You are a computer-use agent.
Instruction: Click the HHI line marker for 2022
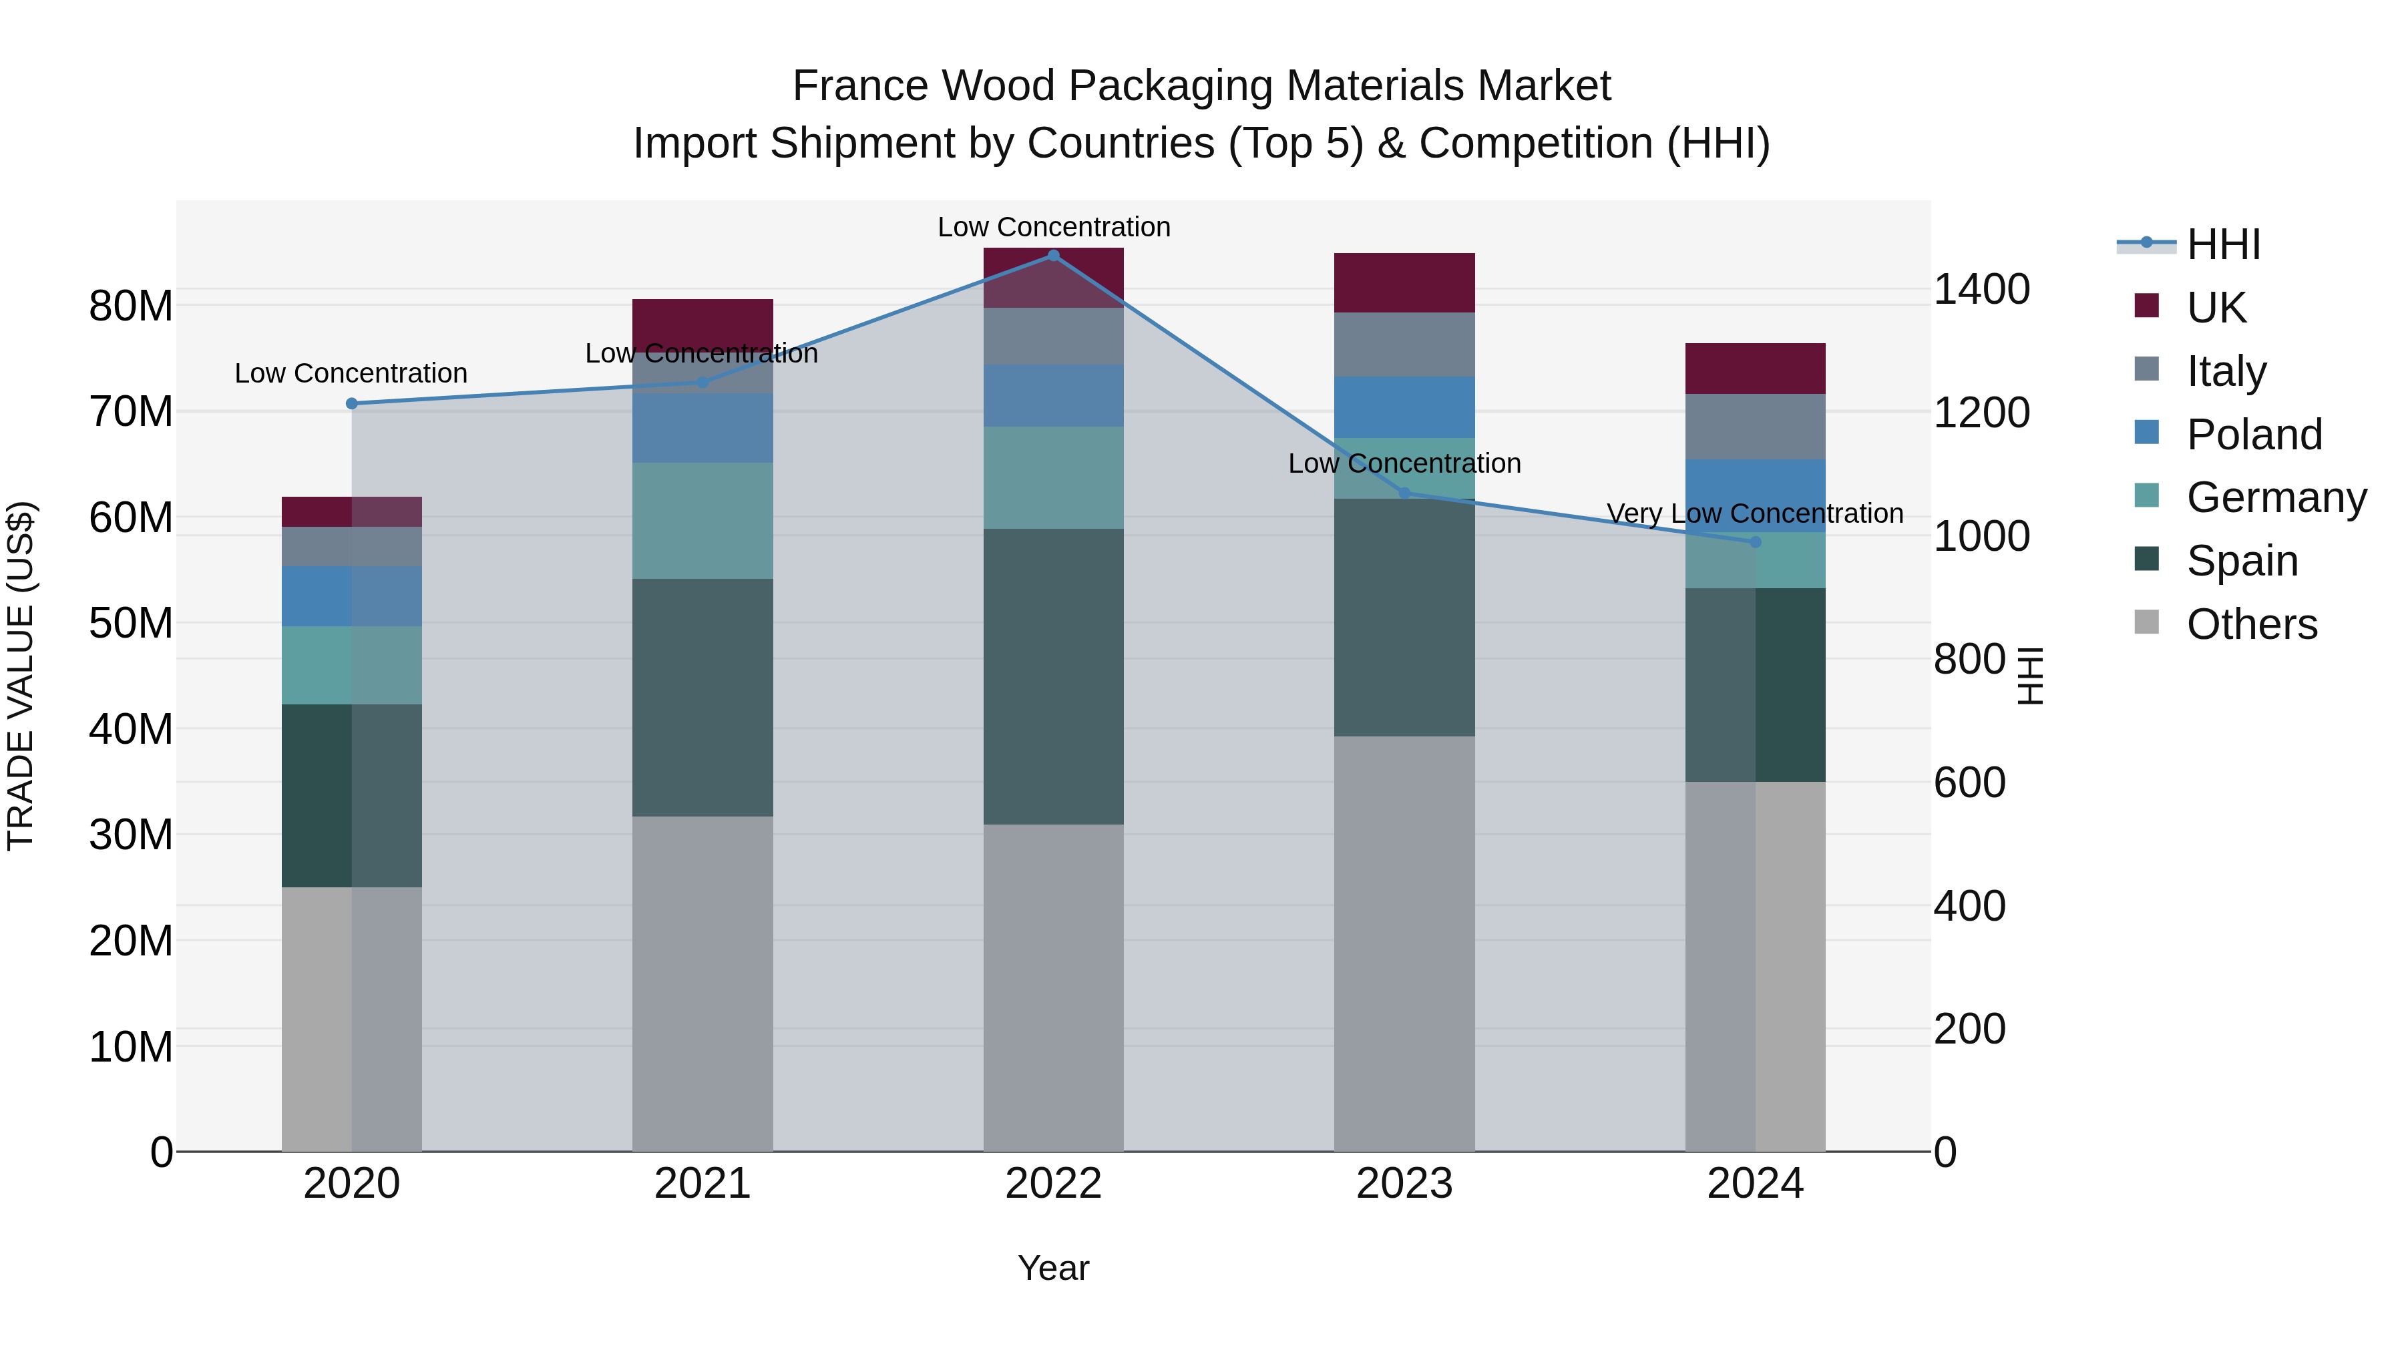click(x=1054, y=256)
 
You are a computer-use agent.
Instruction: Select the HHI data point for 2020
click(x=352, y=404)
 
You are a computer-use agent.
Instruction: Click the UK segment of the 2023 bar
click(x=1404, y=282)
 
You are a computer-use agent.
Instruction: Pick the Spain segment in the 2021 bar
click(x=702, y=698)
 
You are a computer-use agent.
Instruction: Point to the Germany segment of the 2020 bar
click(x=352, y=665)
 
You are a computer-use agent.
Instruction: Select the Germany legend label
click(x=2276, y=497)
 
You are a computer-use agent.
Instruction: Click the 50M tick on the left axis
click(x=131, y=624)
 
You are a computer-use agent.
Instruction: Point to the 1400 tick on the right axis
click(x=1981, y=289)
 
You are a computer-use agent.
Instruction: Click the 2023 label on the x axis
click(x=1404, y=1184)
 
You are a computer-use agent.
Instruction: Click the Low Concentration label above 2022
click(x=1054, y=228)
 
